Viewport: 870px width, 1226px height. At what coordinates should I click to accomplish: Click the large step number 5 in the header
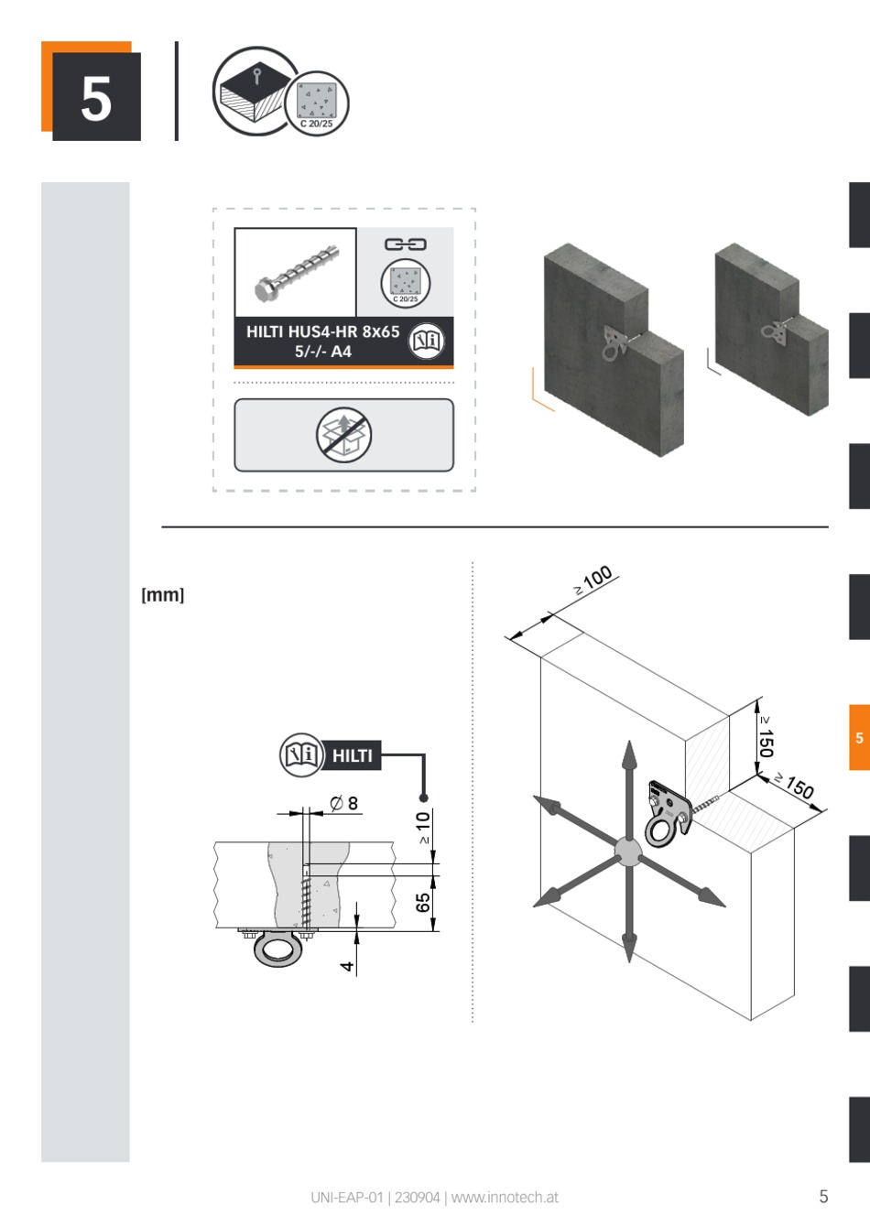pyautogui.click(x=96, y=99)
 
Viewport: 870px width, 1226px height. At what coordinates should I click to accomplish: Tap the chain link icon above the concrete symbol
pyautogui.click(x=405, y=244)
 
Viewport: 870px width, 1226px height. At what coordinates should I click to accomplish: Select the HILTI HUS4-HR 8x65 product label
pyautogui.click(x=323, y=341)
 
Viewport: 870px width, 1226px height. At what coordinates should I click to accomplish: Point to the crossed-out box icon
pyautogui.click(x=343, y=435)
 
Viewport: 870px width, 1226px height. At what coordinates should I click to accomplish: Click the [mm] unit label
pyautogui.click(x=163, y=595)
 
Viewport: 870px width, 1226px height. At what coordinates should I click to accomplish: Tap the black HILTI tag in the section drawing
pyautogui.click(x=351, y=756)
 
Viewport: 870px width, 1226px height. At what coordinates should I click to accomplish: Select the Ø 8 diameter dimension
pyautogui.click(x=343, y=804)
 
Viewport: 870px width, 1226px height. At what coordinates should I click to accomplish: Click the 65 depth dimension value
pyautogui.click(x=423, y=903)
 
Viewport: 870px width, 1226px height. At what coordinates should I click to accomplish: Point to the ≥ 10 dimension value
pyautogui.click(x=423, y=827)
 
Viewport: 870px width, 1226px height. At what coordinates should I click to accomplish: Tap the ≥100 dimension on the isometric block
pyautogui.click(x=593, y=580)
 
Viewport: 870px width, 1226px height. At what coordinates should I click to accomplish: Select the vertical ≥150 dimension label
pyautogui.click(x=766, y=737)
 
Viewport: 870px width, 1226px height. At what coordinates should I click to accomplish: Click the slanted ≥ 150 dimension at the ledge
pyautogui.click(x=794, y=786)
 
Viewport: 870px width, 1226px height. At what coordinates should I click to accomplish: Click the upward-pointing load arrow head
pyautogui.click(x=629, y=756)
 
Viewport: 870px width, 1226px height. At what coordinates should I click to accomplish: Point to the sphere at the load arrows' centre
pyautogui.click(x=628, y=852)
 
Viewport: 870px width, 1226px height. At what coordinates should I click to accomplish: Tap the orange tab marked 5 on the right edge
pyautogui.click(x=859, y=737)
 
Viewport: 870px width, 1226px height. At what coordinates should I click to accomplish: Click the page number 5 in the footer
pyautogui.click(x=823, y=1197)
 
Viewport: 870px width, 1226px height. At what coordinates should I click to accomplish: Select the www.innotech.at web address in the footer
pyautogui.click(x=505, y=1198)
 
